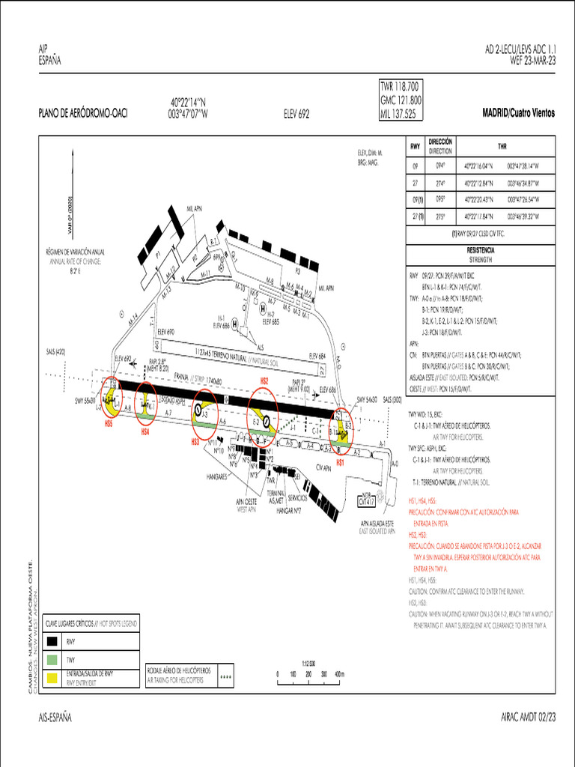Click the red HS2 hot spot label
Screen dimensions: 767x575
click(264, 381)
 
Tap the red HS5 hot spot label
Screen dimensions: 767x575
click(109, 423)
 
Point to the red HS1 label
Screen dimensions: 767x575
click(340, 463)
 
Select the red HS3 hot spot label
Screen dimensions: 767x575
click(195, 442)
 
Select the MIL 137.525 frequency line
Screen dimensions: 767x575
click(398, 114)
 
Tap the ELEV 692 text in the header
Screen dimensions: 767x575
click(296, 115)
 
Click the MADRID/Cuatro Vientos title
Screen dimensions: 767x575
click(519, 112)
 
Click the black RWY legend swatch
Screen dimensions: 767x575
click(52, 642)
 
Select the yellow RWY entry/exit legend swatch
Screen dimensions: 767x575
click(52, 678)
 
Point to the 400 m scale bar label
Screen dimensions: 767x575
click(338, 674)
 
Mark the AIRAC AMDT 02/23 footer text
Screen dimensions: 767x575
click(528, 718)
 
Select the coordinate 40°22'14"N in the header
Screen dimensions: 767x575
click(188, 103)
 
